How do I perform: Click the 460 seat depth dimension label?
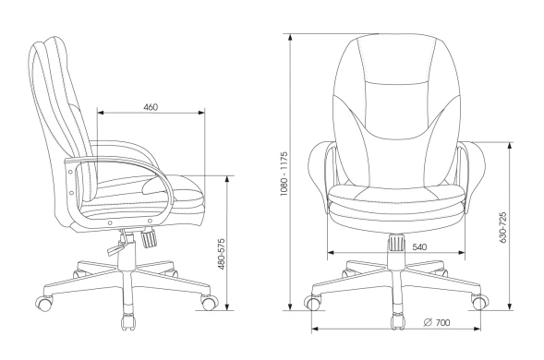coord(151,107)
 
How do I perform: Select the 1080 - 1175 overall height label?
coord(284,174)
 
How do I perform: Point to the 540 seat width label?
coord(419,247)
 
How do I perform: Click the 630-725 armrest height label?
coord(503,227)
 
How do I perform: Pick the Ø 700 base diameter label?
coord(437,322)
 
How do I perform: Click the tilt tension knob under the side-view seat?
coord(149,238)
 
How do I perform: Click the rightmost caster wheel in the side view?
coord(209,303)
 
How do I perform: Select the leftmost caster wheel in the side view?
coord(44,304)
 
